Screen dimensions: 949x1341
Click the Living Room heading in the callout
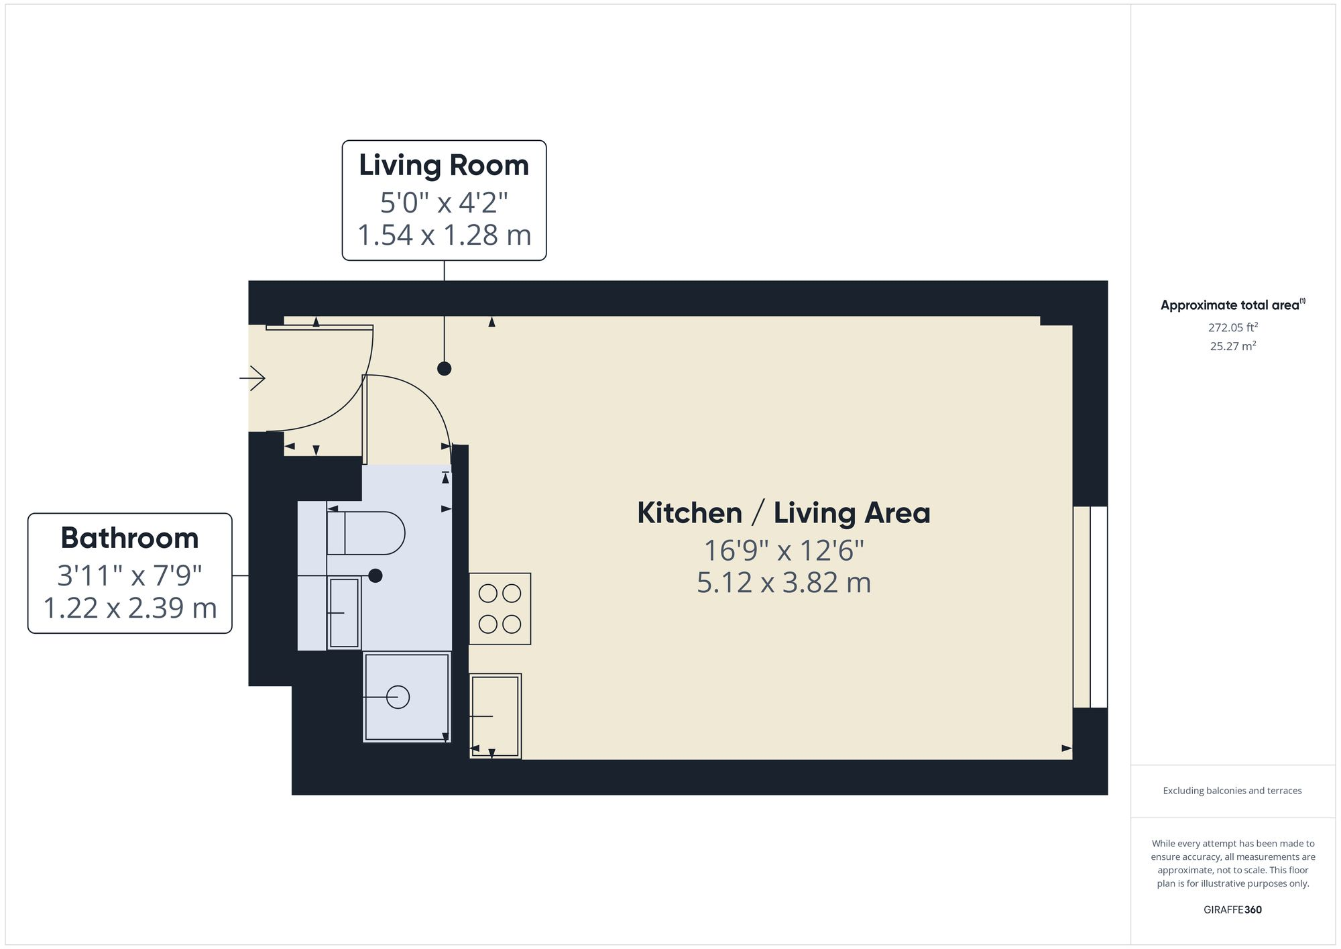click(x=444, y=166)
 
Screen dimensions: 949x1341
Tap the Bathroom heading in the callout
click(x=129, y=538)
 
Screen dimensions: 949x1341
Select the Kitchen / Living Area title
click(x=783, y=513)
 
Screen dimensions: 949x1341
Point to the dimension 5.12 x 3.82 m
click(x=783, y=582)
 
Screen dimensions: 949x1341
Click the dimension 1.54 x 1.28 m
click(x=444, y=235)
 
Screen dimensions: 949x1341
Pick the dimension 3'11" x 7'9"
click(x=129, y=575)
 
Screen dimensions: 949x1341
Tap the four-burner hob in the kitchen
click(x=500, y=609)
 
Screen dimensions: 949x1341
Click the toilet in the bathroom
click(x=365, y=533)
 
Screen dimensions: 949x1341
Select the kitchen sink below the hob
click(x=495, y=716)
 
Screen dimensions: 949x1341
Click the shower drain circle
click(x=398, y=697)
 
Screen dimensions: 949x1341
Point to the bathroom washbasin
click(x=344, y=613)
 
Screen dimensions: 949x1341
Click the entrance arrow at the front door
click(x=252, y=378)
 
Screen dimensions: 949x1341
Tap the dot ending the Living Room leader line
click(x=444, y=368)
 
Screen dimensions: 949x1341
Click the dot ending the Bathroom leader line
click(x=375, y=575)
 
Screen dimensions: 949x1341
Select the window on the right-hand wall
click(x=1090, y=607)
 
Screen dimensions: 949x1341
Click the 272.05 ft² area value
click(x=1232, y=327)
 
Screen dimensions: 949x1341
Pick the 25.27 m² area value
click(x=1232, y=346)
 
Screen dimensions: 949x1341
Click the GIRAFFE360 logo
click(x=1232, y=910)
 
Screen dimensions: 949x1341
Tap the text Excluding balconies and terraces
click(x=1232, y=791)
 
